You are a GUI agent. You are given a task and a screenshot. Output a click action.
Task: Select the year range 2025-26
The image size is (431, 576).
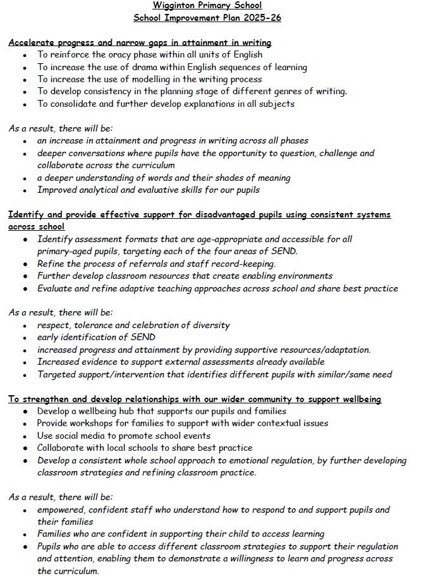point(260,18)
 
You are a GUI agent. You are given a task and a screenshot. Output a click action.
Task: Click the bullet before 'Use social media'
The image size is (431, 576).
point(25,436)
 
